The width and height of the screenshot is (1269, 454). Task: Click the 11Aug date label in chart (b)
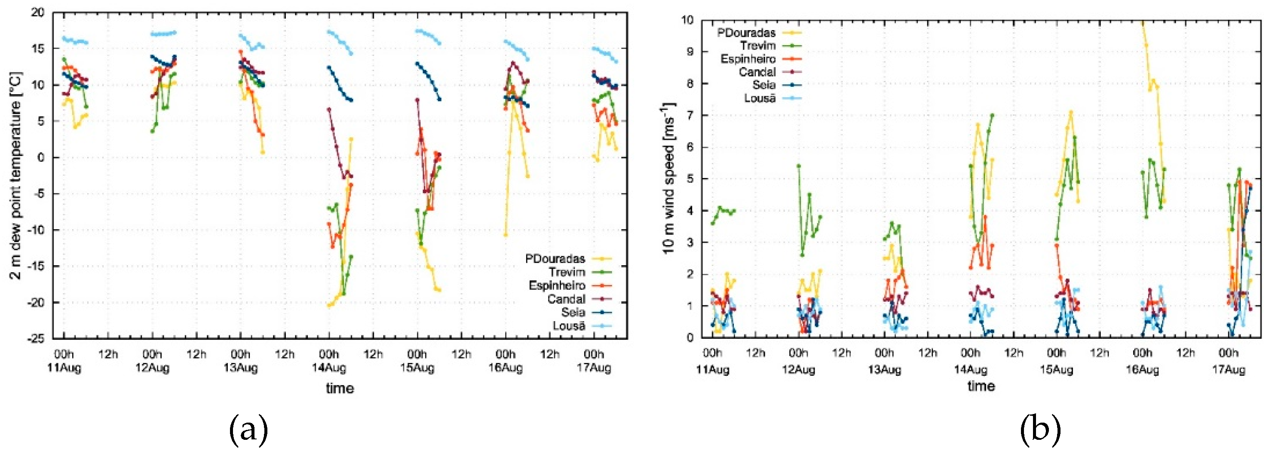click(x=712, y=369)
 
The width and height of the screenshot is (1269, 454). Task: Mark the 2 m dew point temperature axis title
click(x=16, y=175)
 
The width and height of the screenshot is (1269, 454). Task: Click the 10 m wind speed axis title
click(x=668, y=178)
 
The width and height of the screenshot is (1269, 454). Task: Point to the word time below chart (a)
click(x=340, y=389)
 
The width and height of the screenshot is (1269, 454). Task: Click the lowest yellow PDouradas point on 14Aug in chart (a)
click(x=328, y=306)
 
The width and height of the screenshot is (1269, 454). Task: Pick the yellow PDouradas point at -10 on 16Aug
click(x=506, y=235)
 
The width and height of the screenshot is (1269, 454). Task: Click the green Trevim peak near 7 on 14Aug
click(x=992, y=115)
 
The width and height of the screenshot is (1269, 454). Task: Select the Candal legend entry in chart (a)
click(x=567, y=299)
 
